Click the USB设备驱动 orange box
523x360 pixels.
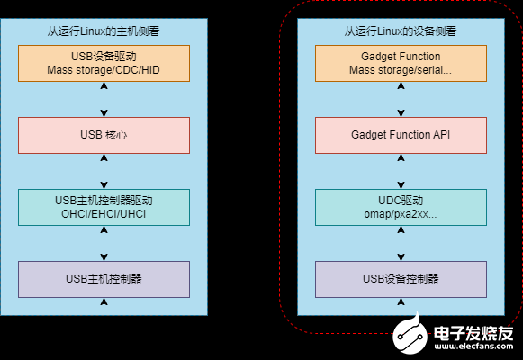click(104, 62)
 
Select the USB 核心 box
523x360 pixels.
click(104, 134)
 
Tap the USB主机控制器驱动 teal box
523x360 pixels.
click(104, 206)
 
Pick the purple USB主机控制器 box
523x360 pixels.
click(104, 278)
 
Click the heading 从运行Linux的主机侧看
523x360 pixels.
click(104, 31)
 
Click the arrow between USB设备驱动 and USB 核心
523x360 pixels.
click(104, 98)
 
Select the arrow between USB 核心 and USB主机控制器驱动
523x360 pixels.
click(104, 170)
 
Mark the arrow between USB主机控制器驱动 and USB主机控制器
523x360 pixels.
click(104, 242)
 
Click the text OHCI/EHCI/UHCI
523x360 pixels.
click(104, 214)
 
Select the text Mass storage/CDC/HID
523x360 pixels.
click(104, 69)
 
